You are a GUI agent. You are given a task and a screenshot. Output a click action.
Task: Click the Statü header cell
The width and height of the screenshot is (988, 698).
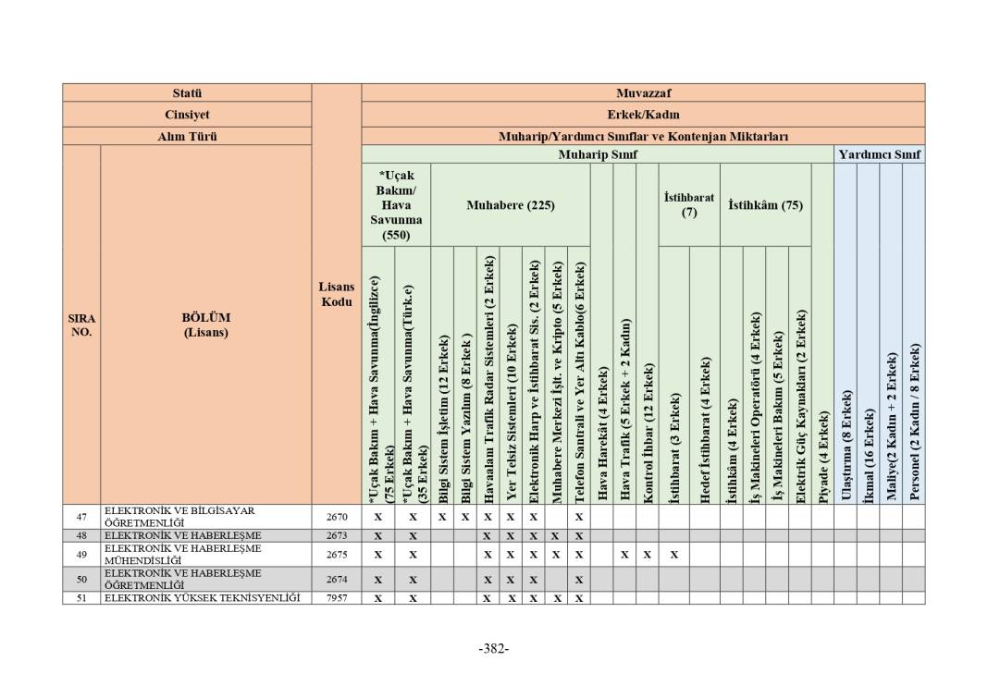point(187,93)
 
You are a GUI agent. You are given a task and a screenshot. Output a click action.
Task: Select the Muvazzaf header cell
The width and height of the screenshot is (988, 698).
point(643,93)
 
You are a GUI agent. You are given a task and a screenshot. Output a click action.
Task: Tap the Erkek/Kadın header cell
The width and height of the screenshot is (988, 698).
point(643,115)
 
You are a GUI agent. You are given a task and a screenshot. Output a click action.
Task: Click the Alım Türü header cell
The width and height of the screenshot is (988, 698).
point(187,136)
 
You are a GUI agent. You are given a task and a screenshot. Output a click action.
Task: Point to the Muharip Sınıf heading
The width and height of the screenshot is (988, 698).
point(598,154)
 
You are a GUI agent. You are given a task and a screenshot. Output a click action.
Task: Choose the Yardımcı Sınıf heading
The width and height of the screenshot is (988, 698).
point(879,154)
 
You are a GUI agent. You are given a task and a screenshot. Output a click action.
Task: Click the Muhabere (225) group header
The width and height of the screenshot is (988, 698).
point(510,205)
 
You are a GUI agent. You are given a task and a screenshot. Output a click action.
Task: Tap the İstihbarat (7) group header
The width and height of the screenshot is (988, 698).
point(689,205)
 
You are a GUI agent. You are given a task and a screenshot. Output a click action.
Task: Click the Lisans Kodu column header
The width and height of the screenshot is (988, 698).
point(336,295)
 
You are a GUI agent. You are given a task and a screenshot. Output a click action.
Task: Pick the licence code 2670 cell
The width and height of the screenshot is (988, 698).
point(336,517)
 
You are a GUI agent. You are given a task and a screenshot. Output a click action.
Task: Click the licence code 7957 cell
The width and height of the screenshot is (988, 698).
point(336,598)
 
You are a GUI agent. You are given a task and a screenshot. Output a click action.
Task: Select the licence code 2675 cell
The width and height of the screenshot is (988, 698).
point(336,555)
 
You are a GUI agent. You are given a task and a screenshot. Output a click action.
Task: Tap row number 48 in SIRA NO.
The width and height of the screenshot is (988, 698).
point(81,535)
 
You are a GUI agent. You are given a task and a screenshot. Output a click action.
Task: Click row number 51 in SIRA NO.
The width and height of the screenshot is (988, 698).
point(81,598)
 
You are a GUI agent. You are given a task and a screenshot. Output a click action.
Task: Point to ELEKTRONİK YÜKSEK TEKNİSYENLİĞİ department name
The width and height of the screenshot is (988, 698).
point(202,598)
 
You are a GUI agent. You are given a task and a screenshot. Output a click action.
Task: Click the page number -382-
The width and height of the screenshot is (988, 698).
point(494,648)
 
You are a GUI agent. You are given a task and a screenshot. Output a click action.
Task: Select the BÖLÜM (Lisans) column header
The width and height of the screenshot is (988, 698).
point(205,325)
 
